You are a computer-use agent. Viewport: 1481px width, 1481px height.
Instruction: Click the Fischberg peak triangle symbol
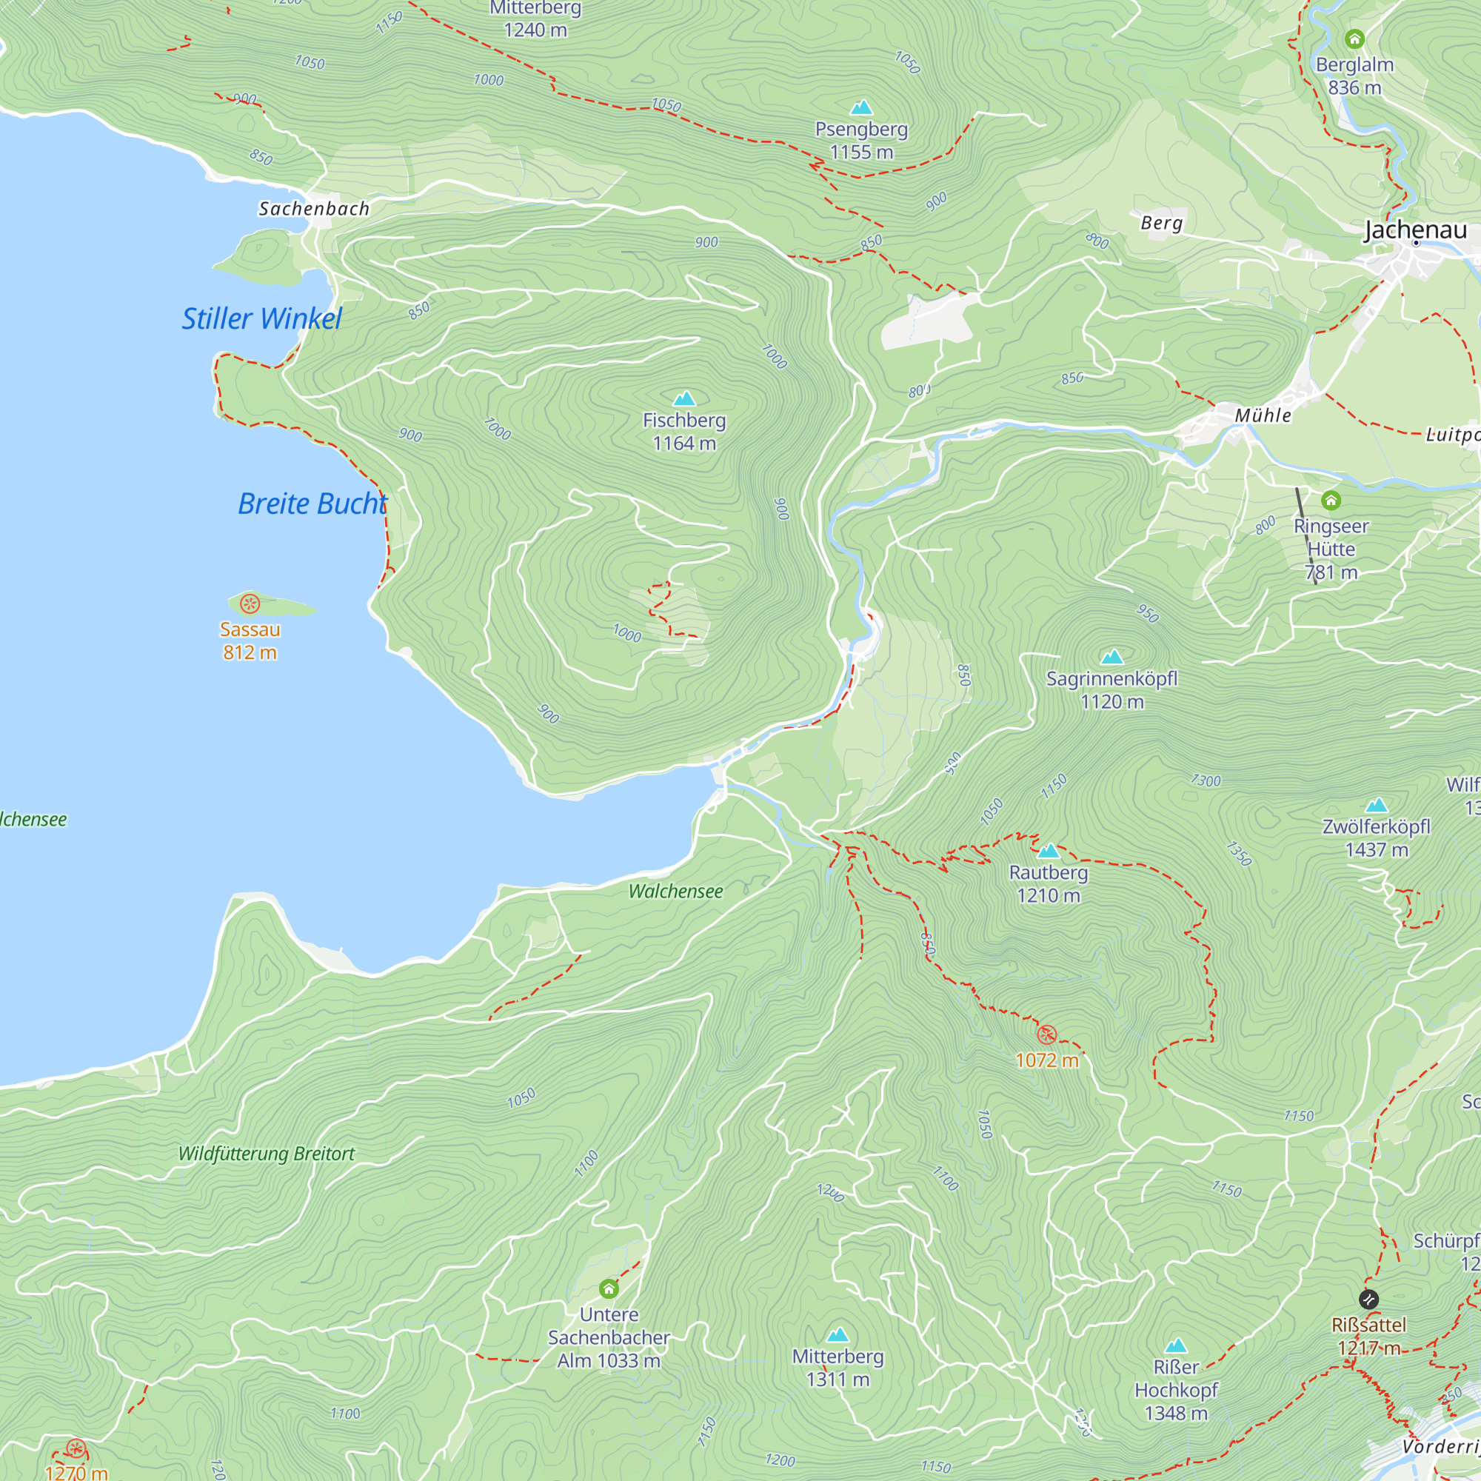[x=683, y=398]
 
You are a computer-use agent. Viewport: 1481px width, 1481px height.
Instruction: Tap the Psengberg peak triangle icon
[x=862, y=107]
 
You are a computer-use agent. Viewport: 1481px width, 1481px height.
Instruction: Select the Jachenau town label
[x=1415, y=230]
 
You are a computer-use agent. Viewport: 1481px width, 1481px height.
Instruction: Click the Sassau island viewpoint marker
[x=250, y=604]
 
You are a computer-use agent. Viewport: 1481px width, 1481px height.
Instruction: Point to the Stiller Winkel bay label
[x=261, y=319]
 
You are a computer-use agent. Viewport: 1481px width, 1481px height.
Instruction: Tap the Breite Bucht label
[x=312, y=504]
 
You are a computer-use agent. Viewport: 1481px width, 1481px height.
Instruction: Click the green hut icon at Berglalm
[x=1354, y=39]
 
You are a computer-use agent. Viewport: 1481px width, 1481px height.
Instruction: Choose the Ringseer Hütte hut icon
[x=1331, y=501]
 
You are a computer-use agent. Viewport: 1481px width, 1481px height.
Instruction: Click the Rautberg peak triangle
[x=1048, y=851]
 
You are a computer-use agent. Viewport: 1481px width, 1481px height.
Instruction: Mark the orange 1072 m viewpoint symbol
[x=1046, y=1035]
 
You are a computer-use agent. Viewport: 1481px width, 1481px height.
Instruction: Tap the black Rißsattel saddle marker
[x=1368, y=1300]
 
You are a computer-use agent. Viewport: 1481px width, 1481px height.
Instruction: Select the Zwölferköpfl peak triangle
[x=1377, y=805]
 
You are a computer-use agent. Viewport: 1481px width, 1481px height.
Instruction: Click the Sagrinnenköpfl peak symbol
[x=1111, y=657]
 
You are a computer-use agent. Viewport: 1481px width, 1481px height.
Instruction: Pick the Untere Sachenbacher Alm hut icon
[x=609, y=1288]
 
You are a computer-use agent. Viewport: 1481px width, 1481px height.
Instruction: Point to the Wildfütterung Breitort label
[x=266, y=1154]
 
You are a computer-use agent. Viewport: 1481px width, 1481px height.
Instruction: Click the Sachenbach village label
[x=313, y=209]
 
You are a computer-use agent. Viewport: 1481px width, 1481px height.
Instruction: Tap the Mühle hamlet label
[x=1263, y=415]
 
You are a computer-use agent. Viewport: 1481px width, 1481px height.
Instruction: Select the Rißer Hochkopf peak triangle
[x=1176, y=1346]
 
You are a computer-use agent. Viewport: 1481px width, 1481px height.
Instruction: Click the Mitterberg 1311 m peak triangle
[x=838, y=1335]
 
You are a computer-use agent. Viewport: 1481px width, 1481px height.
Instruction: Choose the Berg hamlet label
[x=1161, y=223]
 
